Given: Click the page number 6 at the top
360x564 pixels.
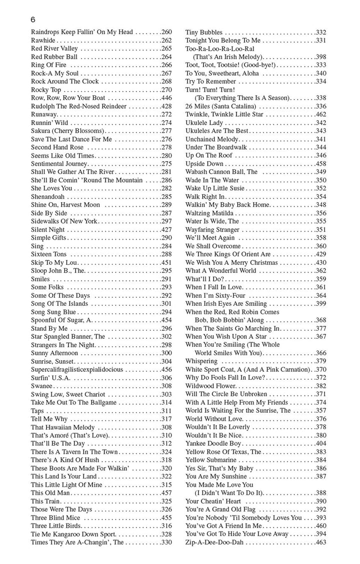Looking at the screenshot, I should click(x=33, y=20).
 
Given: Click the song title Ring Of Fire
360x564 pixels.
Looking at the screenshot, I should click(x=48, y=65).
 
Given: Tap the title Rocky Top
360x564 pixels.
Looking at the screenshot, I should click(x=45, y=90).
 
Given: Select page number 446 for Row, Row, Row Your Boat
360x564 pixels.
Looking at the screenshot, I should click(x=166, y=98).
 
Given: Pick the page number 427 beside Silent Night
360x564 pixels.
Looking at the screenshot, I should click(x=166, y=229).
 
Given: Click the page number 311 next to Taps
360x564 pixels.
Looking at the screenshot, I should click(x=166, y=411).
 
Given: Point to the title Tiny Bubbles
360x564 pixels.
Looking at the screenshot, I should click(x=204, y=33).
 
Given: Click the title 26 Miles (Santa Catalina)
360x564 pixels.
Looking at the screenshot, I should click(x=220, y=106).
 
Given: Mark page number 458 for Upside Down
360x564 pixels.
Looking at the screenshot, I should click(x=321, y=164).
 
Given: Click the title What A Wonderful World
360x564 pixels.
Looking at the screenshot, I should click(x=220, y=271).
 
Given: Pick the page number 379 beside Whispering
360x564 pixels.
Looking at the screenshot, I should click(x=321, y=361).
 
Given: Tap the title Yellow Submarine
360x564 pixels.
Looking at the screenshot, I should click(x=210, y=460).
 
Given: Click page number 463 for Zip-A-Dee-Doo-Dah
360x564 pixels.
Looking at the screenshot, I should click(x=321, y=542).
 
